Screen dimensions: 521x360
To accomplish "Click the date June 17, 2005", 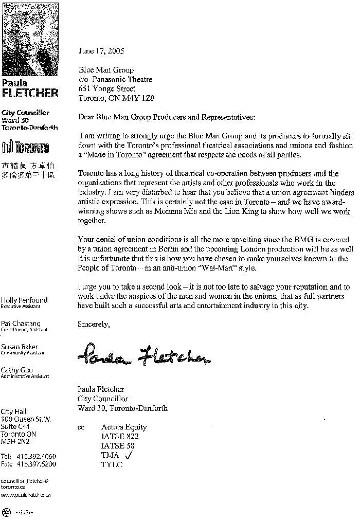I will pos(101,51).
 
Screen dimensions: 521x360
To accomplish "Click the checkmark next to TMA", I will pos(129,455).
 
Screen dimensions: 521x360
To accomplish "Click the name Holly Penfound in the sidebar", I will pos(24,300).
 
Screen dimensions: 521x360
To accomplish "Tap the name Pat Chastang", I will pos(21,324).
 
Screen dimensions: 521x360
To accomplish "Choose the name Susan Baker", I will pos(20,347).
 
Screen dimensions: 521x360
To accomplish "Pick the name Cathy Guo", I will pos(17,370).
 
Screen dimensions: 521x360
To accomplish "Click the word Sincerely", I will pos(93,324).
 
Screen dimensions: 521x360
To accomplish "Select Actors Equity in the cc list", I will pos(124,427).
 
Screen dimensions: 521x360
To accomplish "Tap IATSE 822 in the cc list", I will pos(120,436).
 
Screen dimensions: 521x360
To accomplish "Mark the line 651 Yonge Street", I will pos(107,88).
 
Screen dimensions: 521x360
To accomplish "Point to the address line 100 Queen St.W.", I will pos(26,419).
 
